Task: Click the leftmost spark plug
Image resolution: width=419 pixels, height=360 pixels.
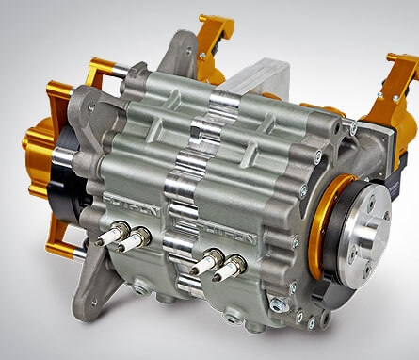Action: (x=111, y=236)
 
